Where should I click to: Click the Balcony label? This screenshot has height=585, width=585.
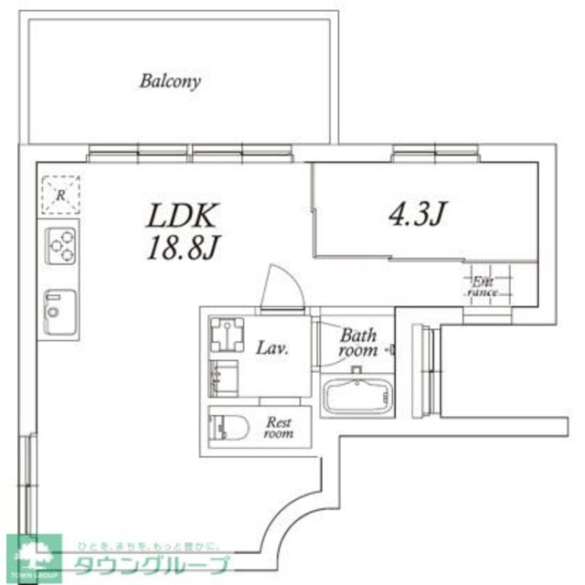(x=170, y=80)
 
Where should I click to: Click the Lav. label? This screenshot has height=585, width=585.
(x=272, y=347)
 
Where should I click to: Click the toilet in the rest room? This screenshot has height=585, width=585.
(x=228, y=428)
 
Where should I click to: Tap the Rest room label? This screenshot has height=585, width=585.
(x=279, y=428)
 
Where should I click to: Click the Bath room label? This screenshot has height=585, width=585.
(x=358, y=343)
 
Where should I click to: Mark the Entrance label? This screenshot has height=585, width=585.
(x=483, y=288)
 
